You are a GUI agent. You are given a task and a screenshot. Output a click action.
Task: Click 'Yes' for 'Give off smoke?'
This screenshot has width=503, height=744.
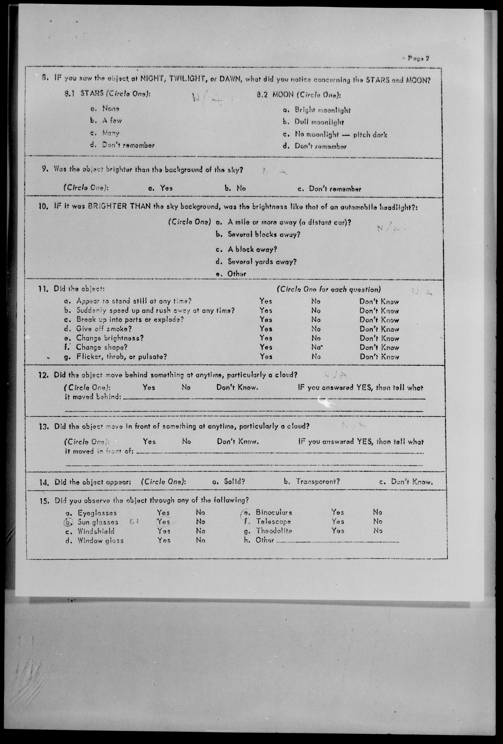266,329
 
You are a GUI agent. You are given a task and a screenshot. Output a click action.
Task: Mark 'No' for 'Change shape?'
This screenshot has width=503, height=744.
316,347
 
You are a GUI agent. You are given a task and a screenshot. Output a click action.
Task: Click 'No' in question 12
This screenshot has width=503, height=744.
186,387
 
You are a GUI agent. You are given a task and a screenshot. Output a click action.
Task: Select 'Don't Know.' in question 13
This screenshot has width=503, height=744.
238,442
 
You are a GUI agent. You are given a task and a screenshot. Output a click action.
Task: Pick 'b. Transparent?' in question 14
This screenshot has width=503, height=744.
317,481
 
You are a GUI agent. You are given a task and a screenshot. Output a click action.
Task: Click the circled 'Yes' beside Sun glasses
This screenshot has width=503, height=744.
163,522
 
